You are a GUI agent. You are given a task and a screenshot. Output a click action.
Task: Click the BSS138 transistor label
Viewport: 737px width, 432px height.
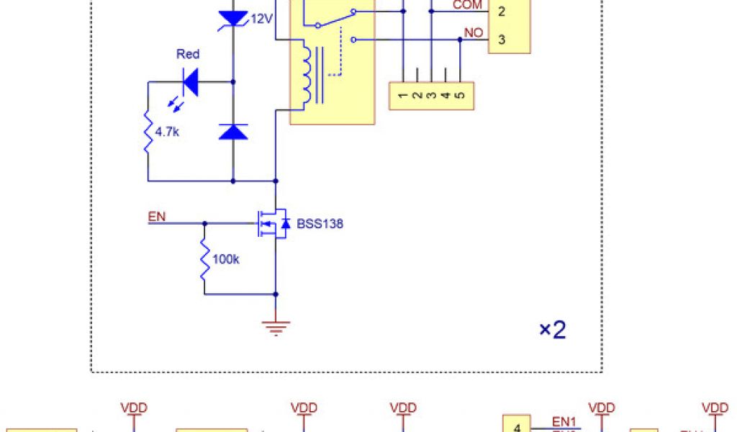pyautogui.click(x=320, y=224)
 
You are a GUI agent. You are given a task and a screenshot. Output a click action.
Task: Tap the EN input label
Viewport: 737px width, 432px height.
pyautogui.click(x=155, y=216)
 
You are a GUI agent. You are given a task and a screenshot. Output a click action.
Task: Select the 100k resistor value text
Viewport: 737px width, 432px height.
pyautogui.click(x=227, y=259)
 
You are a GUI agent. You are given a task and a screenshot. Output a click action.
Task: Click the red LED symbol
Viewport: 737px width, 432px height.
pyautogui.click(x=190, y=82)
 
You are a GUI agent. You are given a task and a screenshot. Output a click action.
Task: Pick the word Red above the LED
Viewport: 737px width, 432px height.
pyautogui.click(x=188, y=54)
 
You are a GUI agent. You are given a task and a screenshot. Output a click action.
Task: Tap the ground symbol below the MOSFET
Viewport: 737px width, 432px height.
pyautogui.click(x=276, y=328)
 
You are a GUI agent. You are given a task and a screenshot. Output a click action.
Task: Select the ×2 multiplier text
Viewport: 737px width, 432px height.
pyautogui.click(x=553, y=330)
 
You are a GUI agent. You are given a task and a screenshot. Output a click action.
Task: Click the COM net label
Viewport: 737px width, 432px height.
pyautogui.click(x=467, y=5)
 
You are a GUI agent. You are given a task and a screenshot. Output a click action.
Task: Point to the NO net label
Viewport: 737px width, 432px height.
pyautogui.click(x=474, y=33)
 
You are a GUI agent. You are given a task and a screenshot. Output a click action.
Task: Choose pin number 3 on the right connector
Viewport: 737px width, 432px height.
pyautogui.click(x=502, y=39)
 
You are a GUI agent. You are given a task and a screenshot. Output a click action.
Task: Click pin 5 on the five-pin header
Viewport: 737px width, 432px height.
pyautogui.click(x=460, y=94)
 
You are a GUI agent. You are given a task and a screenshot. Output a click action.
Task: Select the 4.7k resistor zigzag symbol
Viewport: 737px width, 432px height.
pyautogui.click(x=148, y=132)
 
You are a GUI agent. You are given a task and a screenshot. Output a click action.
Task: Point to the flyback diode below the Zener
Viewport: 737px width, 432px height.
pyautogui.click(x=233, y=131)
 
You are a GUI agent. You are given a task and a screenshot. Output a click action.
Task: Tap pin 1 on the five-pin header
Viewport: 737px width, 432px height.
pyautogui.click(x=402, y=94)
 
